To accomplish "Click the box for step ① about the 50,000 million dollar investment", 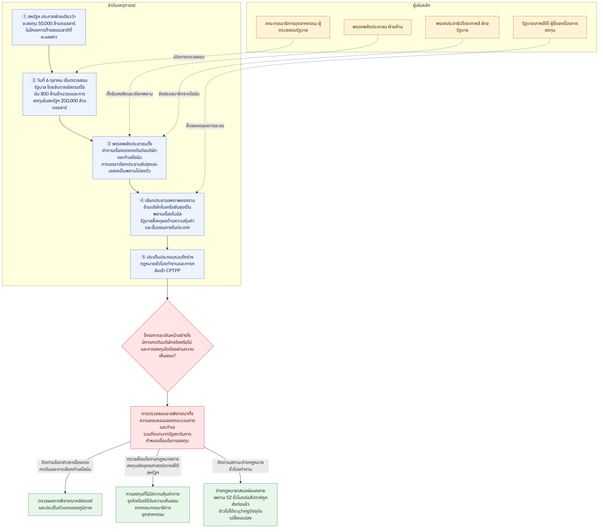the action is pos(49,27).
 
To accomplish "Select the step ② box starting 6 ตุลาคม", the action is pos(60,94).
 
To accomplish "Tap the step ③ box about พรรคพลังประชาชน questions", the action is pos(130,158).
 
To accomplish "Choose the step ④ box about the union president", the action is pos(167,214).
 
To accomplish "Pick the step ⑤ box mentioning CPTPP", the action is pos(167,264).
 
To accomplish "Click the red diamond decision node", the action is pos(167,346).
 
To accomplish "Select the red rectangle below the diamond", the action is pos(167,427).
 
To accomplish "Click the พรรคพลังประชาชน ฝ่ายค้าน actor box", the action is pos(378,27).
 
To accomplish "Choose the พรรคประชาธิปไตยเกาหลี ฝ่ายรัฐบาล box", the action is pos(462,27).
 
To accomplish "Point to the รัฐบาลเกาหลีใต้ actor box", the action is pos(550,27).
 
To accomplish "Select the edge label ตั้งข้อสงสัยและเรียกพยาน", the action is pos(130,94).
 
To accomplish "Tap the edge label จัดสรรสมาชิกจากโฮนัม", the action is pos(179,94).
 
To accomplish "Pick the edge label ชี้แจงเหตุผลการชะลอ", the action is pos(205,126).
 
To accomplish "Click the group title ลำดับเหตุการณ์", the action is pos(121,5).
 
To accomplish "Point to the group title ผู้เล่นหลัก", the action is pos(422,5).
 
